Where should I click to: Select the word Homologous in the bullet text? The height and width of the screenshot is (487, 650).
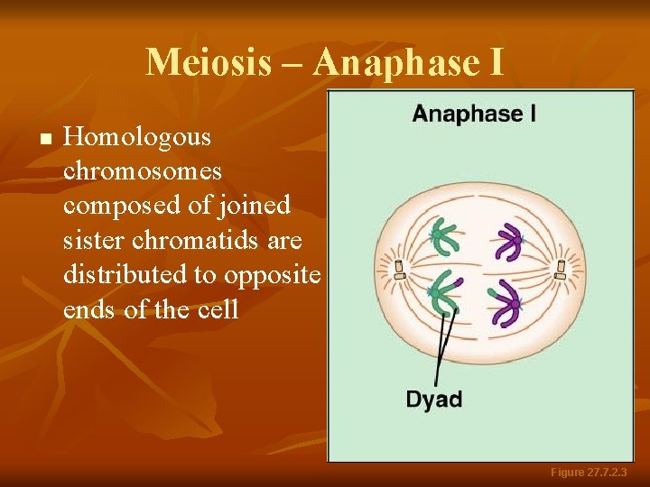[x=138, y=138]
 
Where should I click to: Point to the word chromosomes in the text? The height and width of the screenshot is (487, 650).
[x=143, y=171]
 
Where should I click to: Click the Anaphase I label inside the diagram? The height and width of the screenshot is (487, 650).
[x=474, y=115]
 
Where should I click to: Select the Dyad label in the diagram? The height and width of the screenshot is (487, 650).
[x=434, y=399]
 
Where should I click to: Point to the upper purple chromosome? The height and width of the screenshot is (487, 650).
[x=507, y=242]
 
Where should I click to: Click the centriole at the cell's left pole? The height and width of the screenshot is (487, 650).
[x=398, y=268]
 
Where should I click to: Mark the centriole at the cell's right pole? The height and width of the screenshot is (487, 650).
[x=561, y=268]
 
